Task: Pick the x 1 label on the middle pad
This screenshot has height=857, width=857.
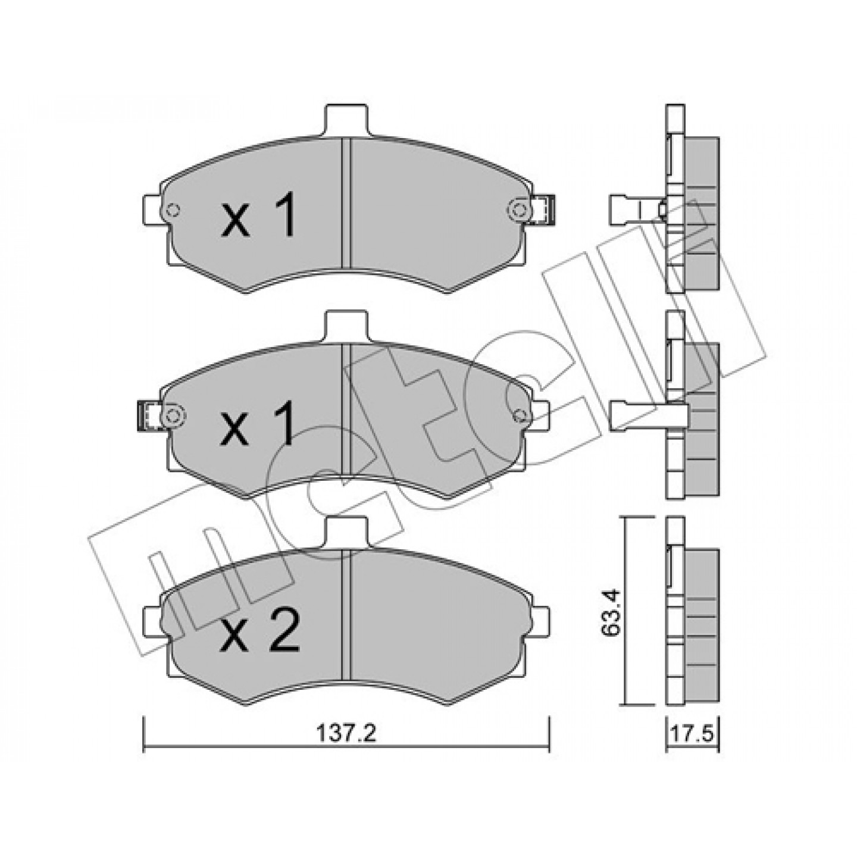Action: point(258,423)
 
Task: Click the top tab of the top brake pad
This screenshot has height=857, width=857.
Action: point(348,121)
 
